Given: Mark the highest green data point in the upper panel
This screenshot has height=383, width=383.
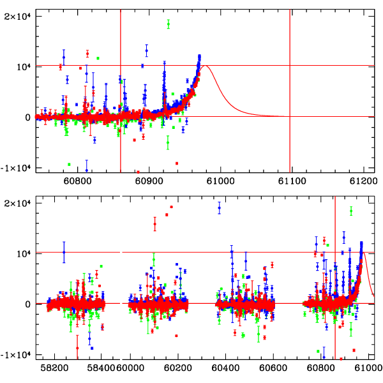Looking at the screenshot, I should (x=169, y=24).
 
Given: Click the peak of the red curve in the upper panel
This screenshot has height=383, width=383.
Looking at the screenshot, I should (x=205, y=66).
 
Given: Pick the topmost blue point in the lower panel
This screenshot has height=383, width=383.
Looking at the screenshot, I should (x=219, y=207).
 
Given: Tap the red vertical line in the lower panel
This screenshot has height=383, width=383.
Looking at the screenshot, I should (x=335, y=281).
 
